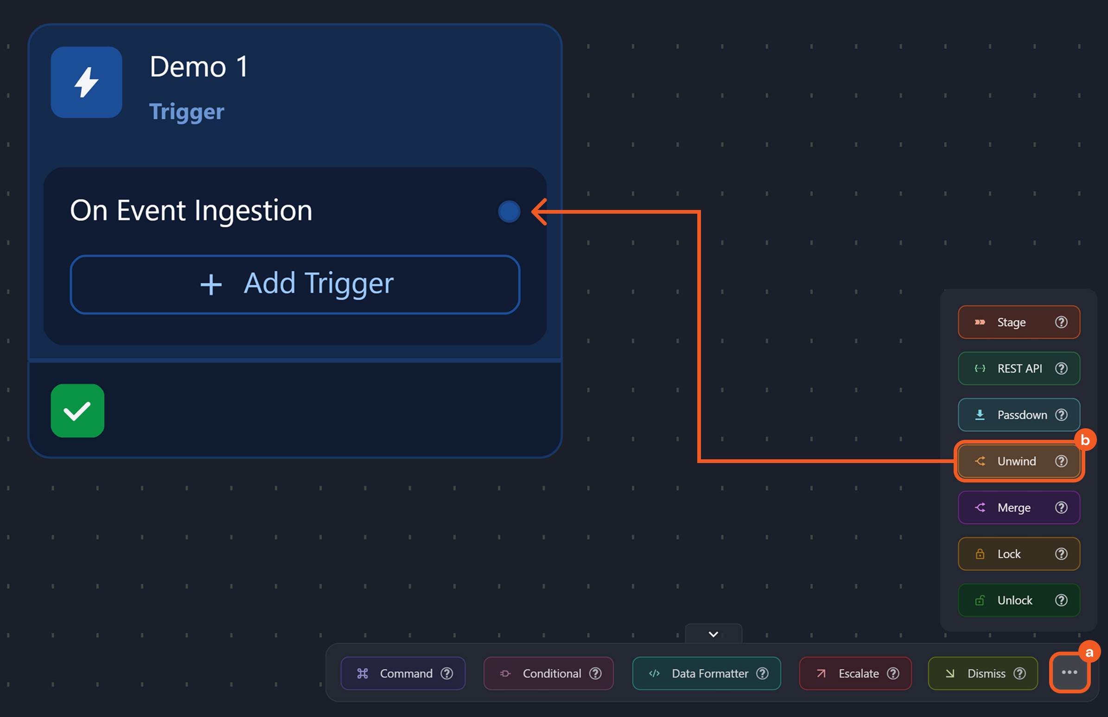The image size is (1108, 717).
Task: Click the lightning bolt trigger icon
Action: (x=86, y=82)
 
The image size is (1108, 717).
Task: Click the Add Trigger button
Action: (x=295, y=284)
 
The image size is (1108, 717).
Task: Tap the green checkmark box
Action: (x=77, y=410)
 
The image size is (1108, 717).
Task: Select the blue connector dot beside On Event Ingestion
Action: (x=509, y=212)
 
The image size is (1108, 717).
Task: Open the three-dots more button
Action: (x=1070, y=673)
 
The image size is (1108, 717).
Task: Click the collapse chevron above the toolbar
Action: (x=713, y=634)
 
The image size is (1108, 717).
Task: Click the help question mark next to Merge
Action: (x=1061, y=508)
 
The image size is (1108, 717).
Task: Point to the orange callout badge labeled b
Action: (x=1085, y=440)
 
